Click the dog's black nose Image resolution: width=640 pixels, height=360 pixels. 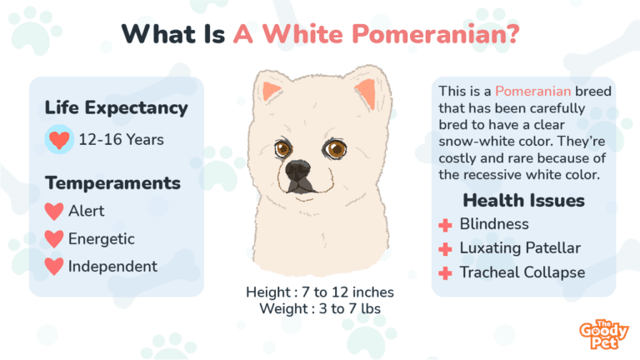point(298,170)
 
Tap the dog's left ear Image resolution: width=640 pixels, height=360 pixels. point(271,91)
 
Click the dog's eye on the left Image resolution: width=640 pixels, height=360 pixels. point(282,148)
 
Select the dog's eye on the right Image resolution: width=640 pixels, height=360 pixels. point(336,149)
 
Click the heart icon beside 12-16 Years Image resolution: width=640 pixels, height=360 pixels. point(59,140)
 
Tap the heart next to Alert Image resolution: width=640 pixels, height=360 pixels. point(54,212)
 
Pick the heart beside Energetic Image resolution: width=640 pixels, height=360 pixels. point(54,239)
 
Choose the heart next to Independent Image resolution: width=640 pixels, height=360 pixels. point(54,266)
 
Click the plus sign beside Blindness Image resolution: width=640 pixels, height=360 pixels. point(445,225)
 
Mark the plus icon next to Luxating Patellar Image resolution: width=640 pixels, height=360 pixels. point(445,249)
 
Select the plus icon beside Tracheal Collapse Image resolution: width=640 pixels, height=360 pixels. point(445,273)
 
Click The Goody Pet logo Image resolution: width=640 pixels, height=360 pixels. point(604,334)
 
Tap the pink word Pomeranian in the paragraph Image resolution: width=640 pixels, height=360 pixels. point(532,91)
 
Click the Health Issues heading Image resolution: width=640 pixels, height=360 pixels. point(523,200)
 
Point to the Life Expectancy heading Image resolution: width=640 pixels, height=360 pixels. point(117,107)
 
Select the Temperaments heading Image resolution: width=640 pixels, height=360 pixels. point(112,182)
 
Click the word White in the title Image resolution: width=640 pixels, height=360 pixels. point(302,33)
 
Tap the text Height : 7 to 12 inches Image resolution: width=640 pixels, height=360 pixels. point(320,292)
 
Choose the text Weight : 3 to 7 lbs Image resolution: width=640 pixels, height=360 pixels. point(320,308)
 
